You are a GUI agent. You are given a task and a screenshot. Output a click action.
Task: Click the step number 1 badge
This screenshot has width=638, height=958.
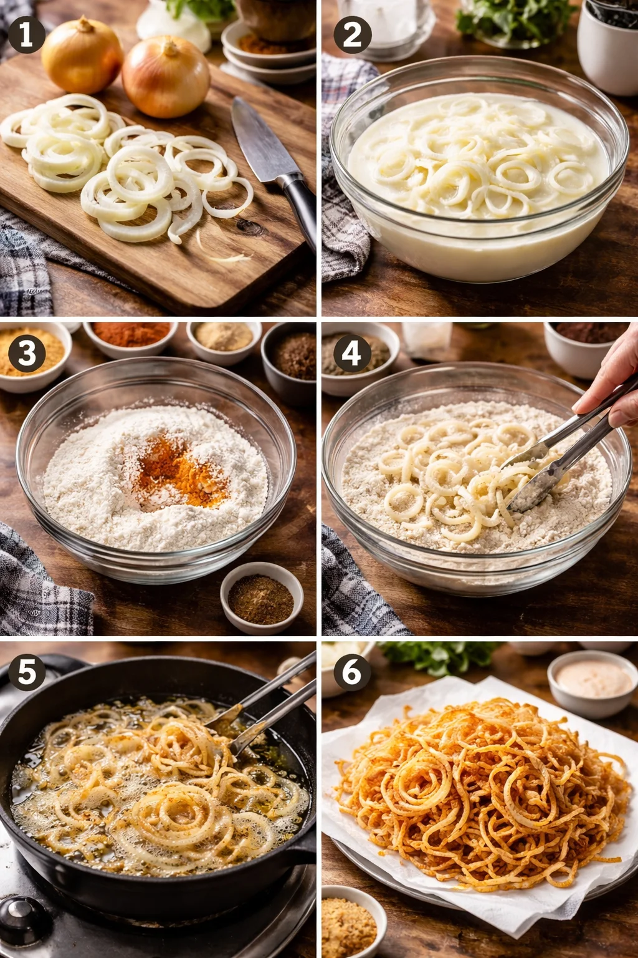point(26,34)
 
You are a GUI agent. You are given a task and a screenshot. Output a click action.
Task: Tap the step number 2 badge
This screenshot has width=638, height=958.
point(353,34)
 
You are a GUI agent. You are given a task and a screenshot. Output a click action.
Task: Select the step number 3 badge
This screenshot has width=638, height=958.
point(26,354)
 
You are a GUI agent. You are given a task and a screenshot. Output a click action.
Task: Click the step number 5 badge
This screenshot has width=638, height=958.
point(26,673)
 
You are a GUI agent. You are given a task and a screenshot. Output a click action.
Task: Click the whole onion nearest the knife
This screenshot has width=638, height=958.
point(166,77)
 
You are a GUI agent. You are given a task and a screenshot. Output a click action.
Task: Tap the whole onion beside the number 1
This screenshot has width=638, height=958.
point(82,56)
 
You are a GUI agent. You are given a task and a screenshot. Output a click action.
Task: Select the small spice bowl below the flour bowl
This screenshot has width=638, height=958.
point(261,598)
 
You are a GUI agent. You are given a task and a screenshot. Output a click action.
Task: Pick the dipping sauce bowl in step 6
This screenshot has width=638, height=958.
point(593,681)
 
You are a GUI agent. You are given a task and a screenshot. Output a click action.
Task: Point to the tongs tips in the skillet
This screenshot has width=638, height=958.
point(224,736)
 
